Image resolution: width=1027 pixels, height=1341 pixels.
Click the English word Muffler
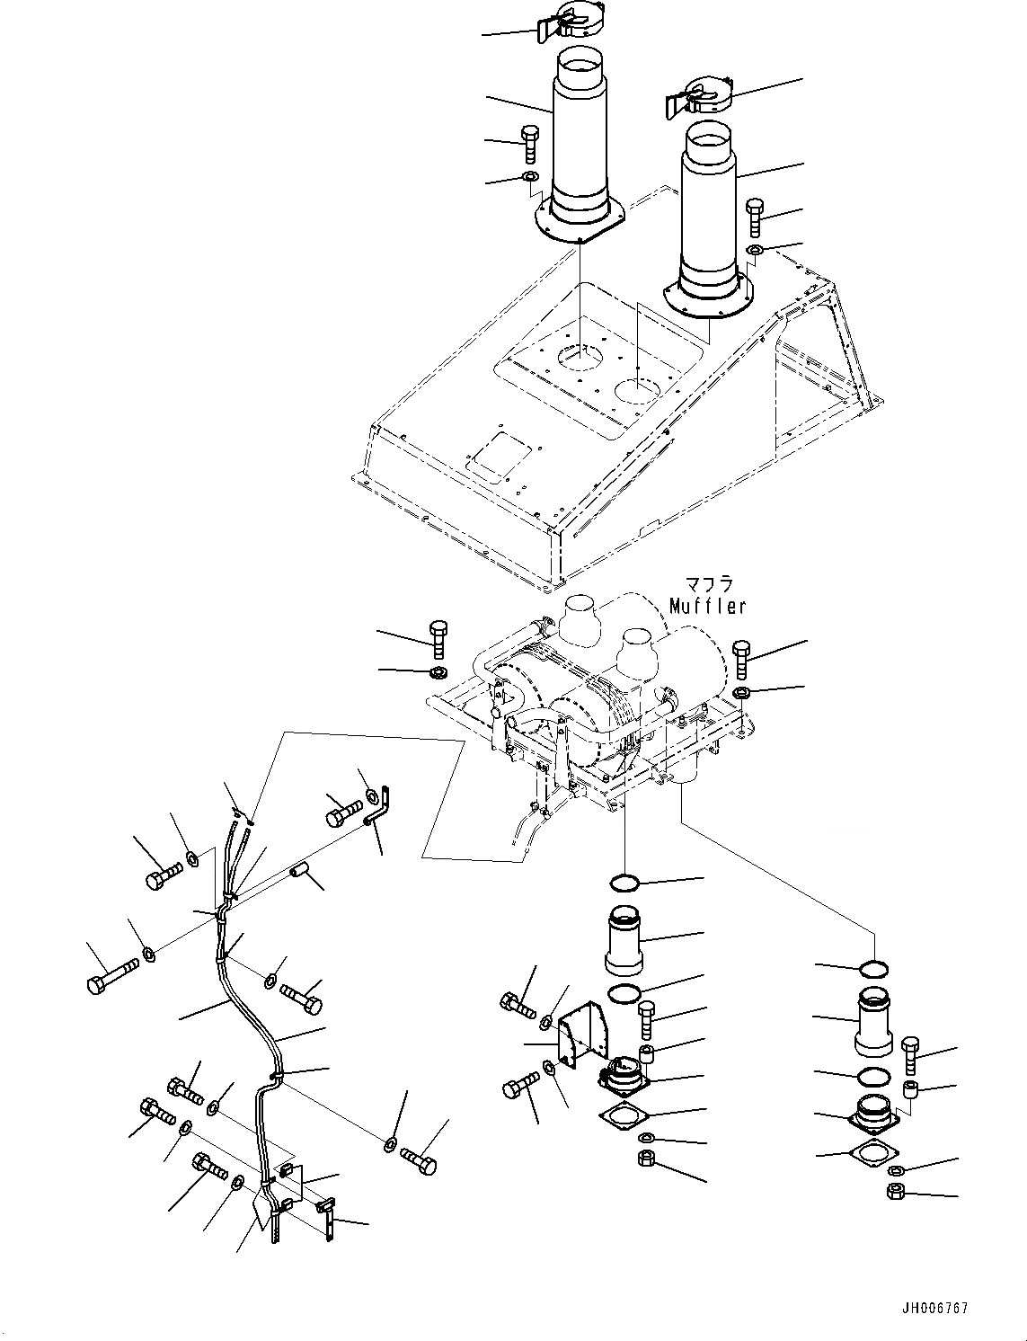tap(707, 607)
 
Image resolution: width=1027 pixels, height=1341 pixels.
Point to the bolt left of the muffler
tap(439, 639)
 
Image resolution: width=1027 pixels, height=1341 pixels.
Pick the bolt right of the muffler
tap(741, 660)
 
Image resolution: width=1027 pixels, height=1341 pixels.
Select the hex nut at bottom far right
tap(895, 1192)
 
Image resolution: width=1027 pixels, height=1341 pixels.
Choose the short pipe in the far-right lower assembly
tap(873, 1023)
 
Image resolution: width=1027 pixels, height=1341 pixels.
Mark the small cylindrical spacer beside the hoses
tap(298, 870)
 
